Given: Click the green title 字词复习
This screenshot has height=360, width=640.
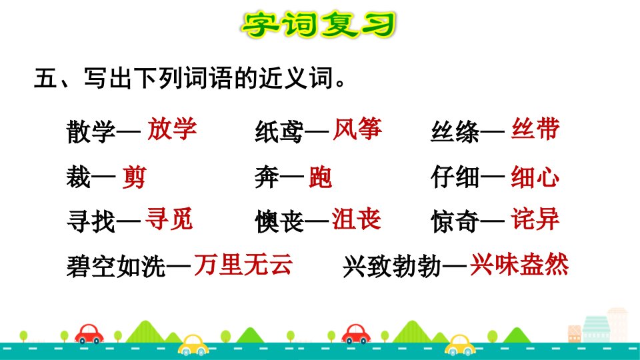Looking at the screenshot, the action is (x=319, y=25).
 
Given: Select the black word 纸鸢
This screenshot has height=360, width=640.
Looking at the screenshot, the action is (x=279, y=132).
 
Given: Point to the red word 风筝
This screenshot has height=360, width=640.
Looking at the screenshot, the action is (x=357, y=129).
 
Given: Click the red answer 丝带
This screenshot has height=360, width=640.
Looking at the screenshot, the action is (x=535, y=129).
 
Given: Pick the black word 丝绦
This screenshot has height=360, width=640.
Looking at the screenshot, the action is (x=455, y=132).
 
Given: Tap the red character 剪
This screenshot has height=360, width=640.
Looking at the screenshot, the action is (x=134, y=177).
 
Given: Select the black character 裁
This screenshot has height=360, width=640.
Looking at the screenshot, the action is (x=79, y=177).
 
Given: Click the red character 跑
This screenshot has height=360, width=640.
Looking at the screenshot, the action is (x=321, y=177).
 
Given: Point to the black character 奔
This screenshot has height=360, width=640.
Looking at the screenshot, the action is (x=267, y=177).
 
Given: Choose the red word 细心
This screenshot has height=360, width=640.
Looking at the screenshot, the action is (x=535, y=177).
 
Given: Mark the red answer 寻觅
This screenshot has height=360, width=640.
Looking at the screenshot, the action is (x=169, y=219).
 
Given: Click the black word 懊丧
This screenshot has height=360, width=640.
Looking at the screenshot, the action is (x=279, y=221).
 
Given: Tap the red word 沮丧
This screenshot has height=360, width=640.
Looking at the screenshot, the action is (x=356, y=219).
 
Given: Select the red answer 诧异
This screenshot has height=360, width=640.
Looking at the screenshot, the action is (x=535, y=219).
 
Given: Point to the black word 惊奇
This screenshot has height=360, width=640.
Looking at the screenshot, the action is (x=455, y=221).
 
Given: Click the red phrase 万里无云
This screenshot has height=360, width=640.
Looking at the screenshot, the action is (x=243, y=264).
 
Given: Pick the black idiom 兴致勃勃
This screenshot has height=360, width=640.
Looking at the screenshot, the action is (x=392, y=267).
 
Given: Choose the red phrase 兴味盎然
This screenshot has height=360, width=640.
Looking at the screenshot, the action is (x=519, y=264).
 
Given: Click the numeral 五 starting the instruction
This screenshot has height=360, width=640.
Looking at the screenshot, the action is (x=46, y=78).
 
